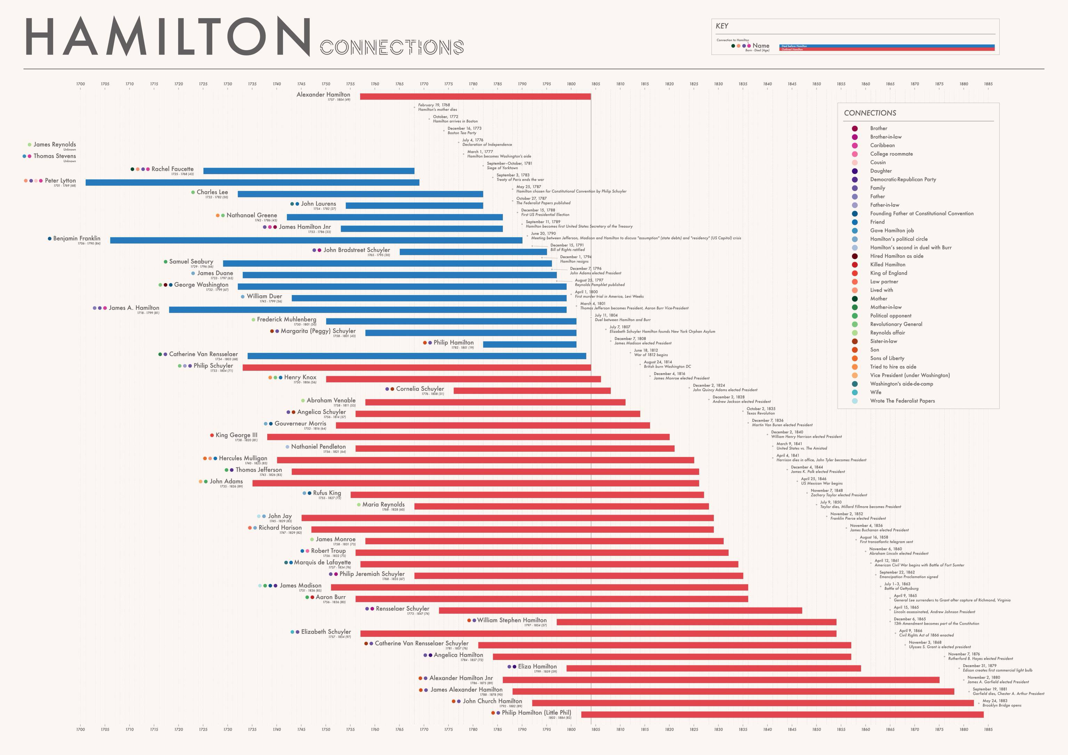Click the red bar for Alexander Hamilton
pyautogui.click(x=475, y=96)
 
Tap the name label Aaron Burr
pyautogui.click(x=330, y=597)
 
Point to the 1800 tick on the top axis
pyautogui.click(x=571, y=84)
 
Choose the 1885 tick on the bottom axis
pyautogui.click(x=988, y=729)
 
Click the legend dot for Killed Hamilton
pyautogui.click(x=855, y=265)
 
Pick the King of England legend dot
pyautogui.click(x=855, y=273)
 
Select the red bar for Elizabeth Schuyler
pyautogui.click(x=598, y=634)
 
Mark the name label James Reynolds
pyautogui.click(x=55, y=145)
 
